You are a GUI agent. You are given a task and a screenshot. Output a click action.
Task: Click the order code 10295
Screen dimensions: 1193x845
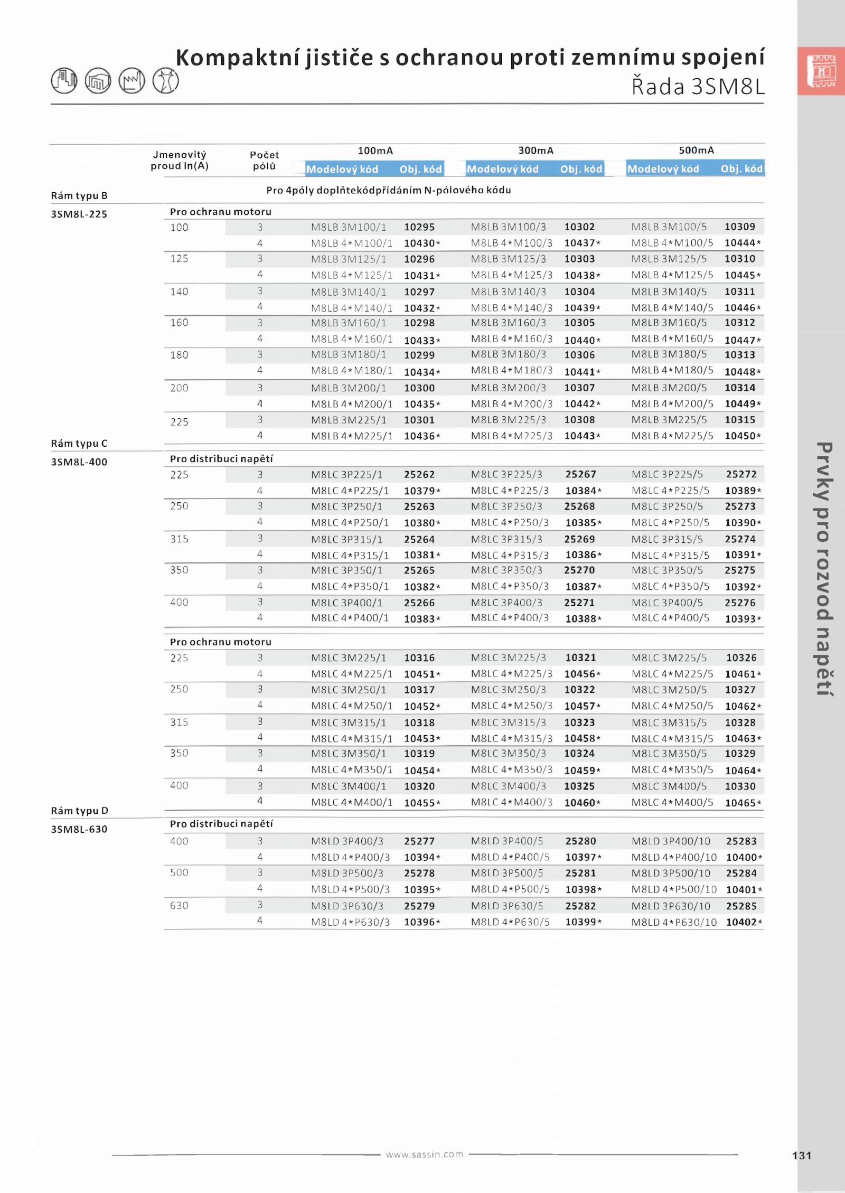419,227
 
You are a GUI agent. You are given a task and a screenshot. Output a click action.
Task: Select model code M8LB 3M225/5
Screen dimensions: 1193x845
669,420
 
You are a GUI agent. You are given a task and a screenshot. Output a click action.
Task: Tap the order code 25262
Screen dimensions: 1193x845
419,474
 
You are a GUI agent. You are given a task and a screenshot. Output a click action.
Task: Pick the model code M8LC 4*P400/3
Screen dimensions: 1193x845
510,618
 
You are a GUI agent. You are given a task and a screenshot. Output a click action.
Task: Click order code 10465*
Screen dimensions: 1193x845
743,803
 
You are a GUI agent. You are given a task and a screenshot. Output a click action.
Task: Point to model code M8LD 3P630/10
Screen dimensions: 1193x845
671,906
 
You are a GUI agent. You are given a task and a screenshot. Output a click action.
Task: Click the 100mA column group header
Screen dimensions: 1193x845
375,151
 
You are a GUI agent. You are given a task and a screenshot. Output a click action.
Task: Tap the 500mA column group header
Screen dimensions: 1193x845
696,151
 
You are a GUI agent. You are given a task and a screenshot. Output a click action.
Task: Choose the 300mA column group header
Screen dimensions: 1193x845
536,151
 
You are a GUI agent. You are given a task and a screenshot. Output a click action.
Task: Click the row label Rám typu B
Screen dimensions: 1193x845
79,195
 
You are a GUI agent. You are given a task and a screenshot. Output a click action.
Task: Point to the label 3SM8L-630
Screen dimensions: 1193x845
79,829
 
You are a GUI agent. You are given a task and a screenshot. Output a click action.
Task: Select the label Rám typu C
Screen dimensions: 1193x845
79,443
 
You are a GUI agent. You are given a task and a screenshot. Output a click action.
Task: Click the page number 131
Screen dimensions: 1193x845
801,1155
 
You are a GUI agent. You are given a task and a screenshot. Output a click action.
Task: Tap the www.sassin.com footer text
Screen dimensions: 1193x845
424,1154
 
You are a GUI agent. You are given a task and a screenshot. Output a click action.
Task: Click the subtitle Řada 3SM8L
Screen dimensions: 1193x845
698,87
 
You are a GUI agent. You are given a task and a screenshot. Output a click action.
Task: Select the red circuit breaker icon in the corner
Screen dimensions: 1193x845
821,71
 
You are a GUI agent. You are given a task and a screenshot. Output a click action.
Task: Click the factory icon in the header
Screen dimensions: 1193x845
132,81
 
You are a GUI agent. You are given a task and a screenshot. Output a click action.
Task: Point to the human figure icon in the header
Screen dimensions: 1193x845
165,81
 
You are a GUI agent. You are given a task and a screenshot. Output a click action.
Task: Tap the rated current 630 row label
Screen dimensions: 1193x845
179,905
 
